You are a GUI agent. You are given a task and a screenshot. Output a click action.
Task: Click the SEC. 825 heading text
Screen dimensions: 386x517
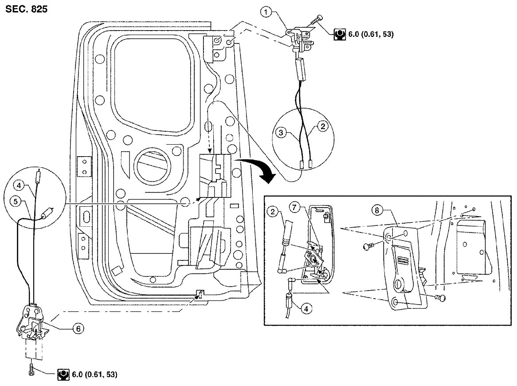(26, 9)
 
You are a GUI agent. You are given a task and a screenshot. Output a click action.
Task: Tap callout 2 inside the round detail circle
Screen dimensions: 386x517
(323, 127)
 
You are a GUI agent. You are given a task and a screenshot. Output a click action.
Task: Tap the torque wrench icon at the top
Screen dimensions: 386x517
(340, 34)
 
